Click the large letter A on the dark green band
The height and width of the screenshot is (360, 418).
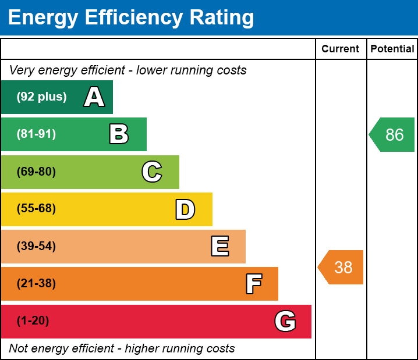point(94,97)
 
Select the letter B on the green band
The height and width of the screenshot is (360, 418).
point(119,134)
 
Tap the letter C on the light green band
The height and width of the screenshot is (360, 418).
point(152,172)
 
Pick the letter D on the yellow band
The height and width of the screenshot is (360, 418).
point(185,209)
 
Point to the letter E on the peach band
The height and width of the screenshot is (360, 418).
point(219,247)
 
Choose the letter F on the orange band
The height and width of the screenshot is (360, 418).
point(253,284)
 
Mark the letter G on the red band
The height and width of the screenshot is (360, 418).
point(285,321)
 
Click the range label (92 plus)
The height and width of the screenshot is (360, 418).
point(41,97)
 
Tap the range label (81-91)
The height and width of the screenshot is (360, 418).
point(36,134)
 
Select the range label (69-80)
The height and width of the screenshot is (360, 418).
point(36,172)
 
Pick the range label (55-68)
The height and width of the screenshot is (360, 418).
point(36,209)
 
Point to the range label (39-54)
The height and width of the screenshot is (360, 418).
point(36,246)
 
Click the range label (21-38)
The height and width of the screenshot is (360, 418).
point(36,284)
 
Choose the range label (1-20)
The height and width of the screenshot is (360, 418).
point(33,321)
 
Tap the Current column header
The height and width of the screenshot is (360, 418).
point(341,49)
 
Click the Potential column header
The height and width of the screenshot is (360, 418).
point(392,49)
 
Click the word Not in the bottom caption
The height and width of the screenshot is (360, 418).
point(19,349)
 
